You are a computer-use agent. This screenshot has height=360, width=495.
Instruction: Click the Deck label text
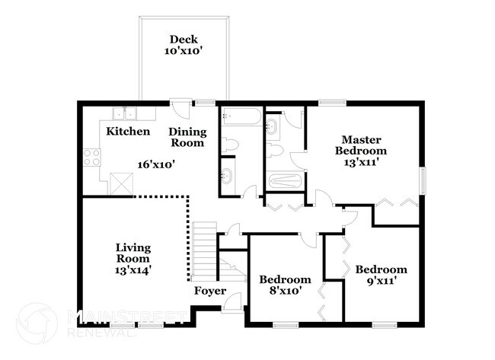coord(183,40)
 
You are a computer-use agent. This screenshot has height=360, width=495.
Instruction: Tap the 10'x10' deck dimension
coord(183,52)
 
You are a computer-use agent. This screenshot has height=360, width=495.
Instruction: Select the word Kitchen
coord(128,132)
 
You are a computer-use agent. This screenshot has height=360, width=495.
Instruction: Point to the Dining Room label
coord(187,137)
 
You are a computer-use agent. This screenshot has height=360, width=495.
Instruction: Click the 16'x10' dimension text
coord(156,164)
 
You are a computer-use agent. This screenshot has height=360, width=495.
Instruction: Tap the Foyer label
coord(209,291)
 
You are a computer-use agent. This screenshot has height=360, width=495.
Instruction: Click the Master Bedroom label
coord(361,145)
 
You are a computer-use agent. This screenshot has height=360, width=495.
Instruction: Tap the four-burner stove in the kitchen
coord(93,158)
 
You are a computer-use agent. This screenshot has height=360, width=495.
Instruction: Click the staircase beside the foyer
coord(203,250)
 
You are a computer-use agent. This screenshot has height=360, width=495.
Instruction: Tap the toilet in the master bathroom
coord(276,149)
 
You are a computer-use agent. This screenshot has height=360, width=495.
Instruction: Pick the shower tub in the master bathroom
coord(285,183)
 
